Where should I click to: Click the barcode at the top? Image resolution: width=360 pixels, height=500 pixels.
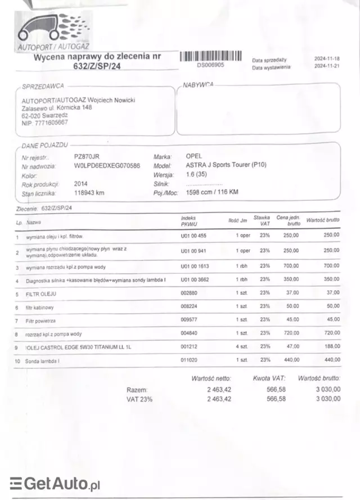click(x=210, y=56)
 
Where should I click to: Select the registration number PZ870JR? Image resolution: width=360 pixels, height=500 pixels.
click(x=87, y=156)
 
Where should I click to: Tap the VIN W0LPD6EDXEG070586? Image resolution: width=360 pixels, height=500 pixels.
click(x=107, y=166)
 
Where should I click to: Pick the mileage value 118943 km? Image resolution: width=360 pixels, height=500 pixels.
click(x=89, y=193)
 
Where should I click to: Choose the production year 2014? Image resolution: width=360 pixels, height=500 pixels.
click(x=80, y=183)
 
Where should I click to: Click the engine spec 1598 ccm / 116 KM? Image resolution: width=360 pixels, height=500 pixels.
click(x=212, y=193)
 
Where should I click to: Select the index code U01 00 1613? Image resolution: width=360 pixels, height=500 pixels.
click(x=195, y=265)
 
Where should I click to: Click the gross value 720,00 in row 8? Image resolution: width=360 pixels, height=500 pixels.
click(x=332, y=333)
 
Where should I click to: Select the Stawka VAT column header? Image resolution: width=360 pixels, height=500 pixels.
click(x=262, y=220)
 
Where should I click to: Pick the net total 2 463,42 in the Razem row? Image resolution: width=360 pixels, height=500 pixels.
click(x=219, y=389)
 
